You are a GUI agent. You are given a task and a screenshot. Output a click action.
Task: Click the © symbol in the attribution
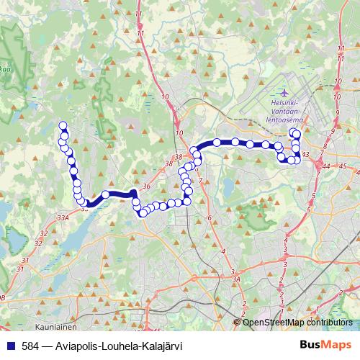click(x=238, y=322)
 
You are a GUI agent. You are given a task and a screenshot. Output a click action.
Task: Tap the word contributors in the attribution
click(x=328, y=322)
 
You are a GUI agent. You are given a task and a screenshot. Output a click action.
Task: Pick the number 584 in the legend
click(x=32, y=346)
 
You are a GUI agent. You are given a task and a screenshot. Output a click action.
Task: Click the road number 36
click(x=146, y=186)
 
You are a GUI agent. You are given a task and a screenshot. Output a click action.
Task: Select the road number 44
click(x=326, y=166)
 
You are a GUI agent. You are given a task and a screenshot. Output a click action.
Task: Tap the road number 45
click(x=343, y=166)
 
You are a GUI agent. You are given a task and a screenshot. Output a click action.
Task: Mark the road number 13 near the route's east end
click(x=305, y=154)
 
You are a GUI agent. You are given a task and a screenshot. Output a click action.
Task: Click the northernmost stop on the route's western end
click(x=63, y=126)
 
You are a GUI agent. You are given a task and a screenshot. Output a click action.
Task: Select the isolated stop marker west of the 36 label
click(x=106, y=194)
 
